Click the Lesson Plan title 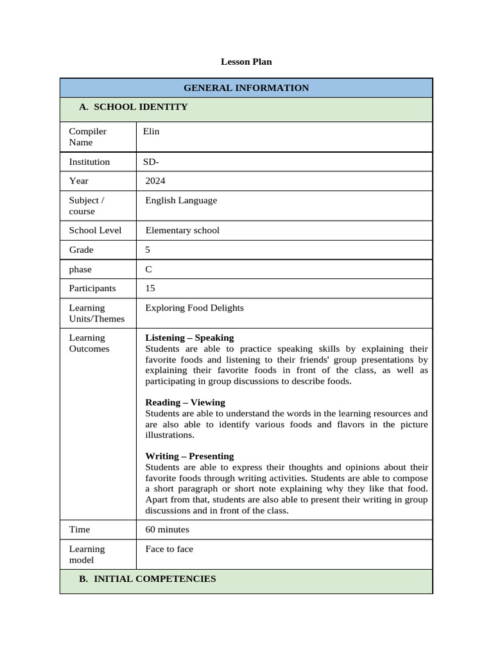tap(246, 62)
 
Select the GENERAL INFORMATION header tap(246, 88)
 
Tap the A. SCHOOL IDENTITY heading tap(133, 107)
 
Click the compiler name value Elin tap(151, 132)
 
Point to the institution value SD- tap(151, 162)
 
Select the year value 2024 tap(155, 181)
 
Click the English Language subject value tap(181, 200)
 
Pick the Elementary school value tap(182, 230)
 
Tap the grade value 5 tap(148, 250)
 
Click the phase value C tap(149, 269)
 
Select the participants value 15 tap(150, 289)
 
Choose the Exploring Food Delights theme tap(195, 308)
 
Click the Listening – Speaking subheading tap(189, 337)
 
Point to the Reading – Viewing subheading tap(185, 402)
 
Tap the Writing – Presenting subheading tap(189, 456)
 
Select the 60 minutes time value tap(167, 529)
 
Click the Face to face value tap(169, 549)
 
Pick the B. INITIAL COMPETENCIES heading tap(147, 579)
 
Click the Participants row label tap(92, 289)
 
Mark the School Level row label tap(95, 230)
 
